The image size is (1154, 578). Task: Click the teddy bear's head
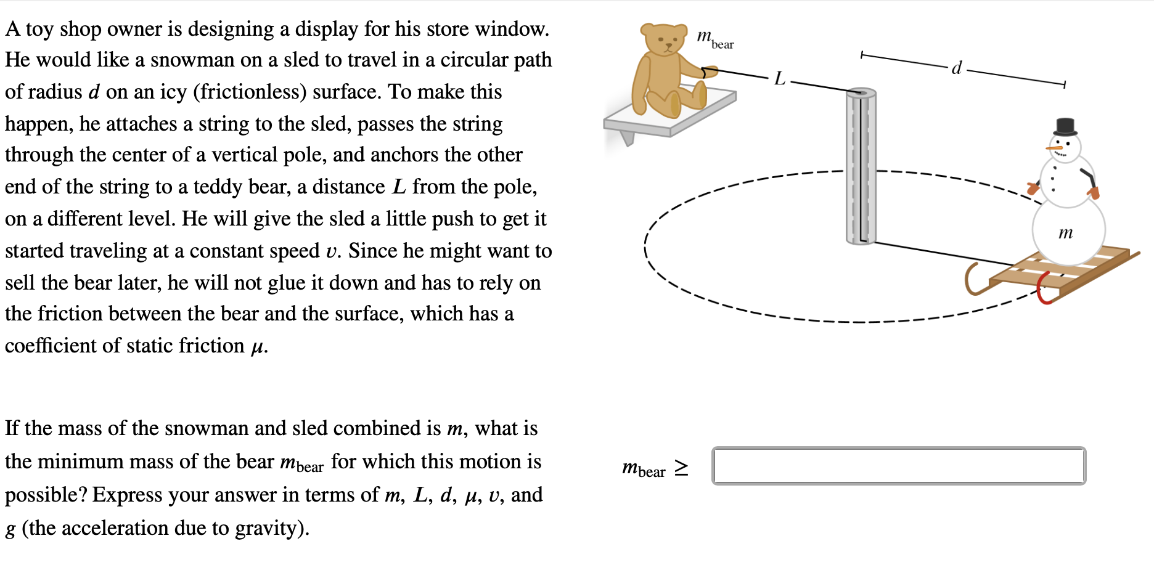pyautogui.click(x=663, y=40)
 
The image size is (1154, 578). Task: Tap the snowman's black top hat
pyautogui.click(x=1065, y=127)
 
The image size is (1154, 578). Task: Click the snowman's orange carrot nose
pyautogui.click(x=1053, y=149)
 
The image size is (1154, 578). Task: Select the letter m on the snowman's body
pyautogui.click(x=1065, y=233)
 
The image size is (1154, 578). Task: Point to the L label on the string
pyautogui.click(x=780, y=79)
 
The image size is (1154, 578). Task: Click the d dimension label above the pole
pyautogui.click(x=956, y=68)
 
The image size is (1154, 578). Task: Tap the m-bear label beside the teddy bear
pyautogui.click(x=715, y=39)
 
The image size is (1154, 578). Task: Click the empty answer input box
pyautogui.click(x=898, y=466)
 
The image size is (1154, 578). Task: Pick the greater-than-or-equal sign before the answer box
pyautogui.click(x=681, y=468)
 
